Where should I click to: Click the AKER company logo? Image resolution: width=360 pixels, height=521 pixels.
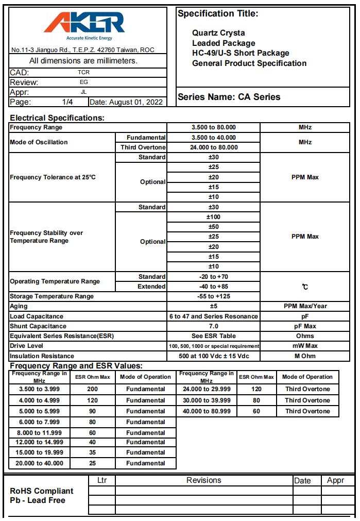84,25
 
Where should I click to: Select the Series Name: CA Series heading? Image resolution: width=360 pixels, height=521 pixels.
229,97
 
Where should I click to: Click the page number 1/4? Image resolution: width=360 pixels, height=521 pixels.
67,102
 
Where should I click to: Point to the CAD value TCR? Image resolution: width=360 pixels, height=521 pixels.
83,73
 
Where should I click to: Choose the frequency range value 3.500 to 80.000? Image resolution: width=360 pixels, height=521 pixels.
213,127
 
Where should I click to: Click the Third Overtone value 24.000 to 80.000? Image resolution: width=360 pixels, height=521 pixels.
213,147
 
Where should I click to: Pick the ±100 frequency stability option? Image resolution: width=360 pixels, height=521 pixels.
213,217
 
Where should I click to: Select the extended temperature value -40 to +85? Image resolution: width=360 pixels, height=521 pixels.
213,287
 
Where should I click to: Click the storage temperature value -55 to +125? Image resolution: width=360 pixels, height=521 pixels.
213,296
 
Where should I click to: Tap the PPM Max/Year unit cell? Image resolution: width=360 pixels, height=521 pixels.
305,306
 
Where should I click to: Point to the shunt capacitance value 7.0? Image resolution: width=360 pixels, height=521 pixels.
213,326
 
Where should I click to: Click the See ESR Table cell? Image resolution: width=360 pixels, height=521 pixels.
213,336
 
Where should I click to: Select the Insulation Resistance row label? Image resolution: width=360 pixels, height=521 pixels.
42,356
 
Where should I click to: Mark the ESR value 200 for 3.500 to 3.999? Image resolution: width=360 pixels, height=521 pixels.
93,390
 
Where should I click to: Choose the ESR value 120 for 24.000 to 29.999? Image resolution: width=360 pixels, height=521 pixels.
256,390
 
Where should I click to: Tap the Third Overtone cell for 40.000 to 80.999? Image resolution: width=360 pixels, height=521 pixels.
307,411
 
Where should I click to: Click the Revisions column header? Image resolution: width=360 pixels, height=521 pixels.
203,480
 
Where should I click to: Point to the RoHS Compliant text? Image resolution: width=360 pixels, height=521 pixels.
42,491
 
